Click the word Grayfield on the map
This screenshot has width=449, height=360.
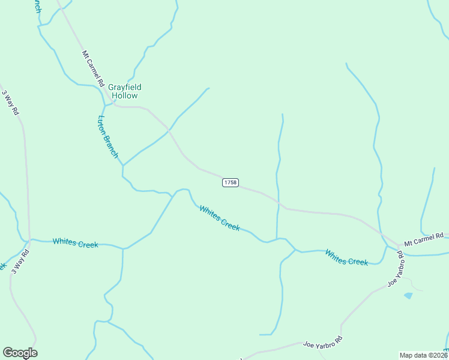tap(124, 87)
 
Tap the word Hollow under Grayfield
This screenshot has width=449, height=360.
tap(124, 95)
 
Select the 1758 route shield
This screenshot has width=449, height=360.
tap(231, 182)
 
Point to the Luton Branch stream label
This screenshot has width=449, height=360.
tap(108, 136)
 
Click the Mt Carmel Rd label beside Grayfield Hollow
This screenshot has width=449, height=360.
tap(93, 67)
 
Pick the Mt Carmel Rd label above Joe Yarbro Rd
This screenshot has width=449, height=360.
tap(423, 239)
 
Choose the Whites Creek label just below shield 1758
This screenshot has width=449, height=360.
tap(220, 218)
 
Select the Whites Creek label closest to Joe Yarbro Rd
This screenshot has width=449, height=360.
tap(346, 257)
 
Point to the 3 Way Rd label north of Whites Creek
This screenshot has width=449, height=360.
tap(11, 103)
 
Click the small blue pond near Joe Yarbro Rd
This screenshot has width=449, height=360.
tap(408, 296)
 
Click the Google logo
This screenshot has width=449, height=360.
tap(20, 353)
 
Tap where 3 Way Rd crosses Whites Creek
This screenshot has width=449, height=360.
tap(29, 239)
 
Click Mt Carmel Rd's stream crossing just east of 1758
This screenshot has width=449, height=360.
tap(279, 203)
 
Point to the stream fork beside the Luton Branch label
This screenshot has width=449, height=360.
tap(123, 165)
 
